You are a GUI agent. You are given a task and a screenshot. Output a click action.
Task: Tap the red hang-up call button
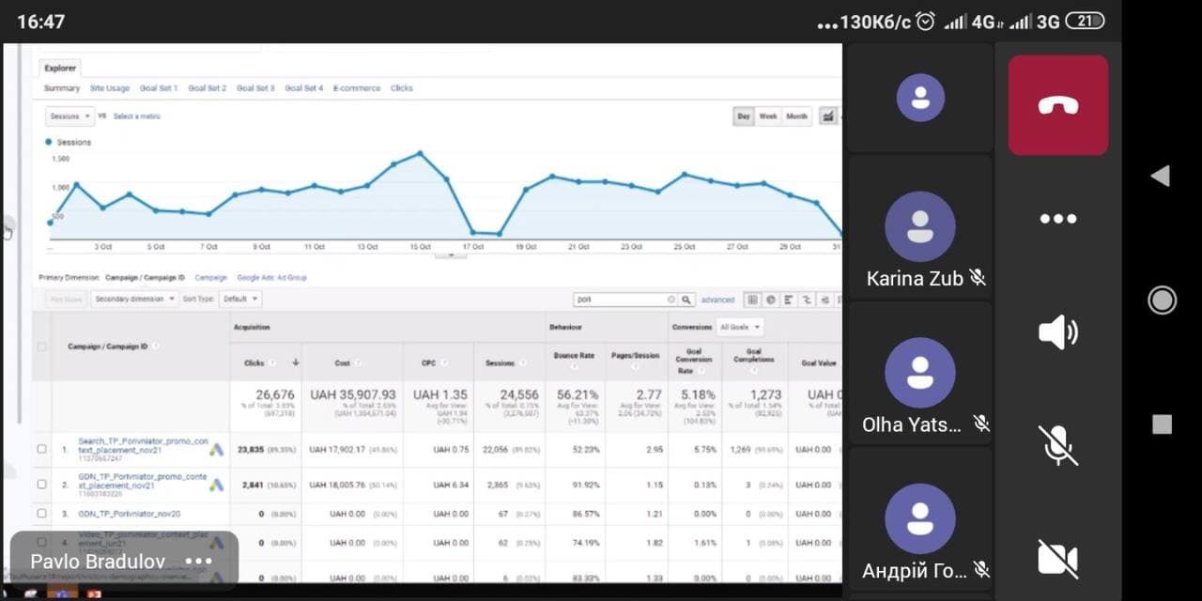[x=1058, y=105]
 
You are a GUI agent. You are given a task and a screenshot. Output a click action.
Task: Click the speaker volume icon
[x=1058, y=332]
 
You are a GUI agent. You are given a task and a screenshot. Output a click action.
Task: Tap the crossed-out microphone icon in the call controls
[x=1058, y=445]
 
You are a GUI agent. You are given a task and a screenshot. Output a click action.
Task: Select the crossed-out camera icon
[x=1058, y=558]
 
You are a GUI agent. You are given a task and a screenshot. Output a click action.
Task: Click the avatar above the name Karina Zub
[x=920, y=226]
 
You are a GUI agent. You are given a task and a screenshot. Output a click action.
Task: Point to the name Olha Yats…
[x=912, y=424]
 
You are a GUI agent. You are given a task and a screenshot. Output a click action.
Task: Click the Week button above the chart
[x=768, y=116]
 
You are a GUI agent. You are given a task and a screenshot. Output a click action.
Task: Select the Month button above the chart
[x=796, y=116]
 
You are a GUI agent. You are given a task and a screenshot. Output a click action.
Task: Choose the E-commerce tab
[x=357, y=88]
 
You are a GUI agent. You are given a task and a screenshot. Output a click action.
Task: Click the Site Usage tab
[x=110, y=88]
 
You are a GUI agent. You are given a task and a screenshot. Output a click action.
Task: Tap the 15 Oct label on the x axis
[x=420, y=247]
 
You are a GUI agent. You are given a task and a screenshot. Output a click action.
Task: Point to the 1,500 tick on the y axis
[x=60, y=159]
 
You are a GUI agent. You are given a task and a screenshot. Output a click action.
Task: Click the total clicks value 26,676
[x=268, y=395]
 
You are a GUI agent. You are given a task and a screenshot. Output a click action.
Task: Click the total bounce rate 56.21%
[x=575, y=395]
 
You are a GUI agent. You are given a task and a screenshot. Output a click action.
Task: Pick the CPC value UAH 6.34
[x=451, y=485]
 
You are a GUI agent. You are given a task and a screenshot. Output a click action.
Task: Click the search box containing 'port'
[x=620, y=300]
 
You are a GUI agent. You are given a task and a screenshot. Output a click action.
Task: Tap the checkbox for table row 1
[x=41, y=449]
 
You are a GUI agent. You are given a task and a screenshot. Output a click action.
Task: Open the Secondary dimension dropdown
[x=134, y=300]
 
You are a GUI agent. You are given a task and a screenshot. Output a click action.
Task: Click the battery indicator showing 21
[x=1085, y=21]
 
